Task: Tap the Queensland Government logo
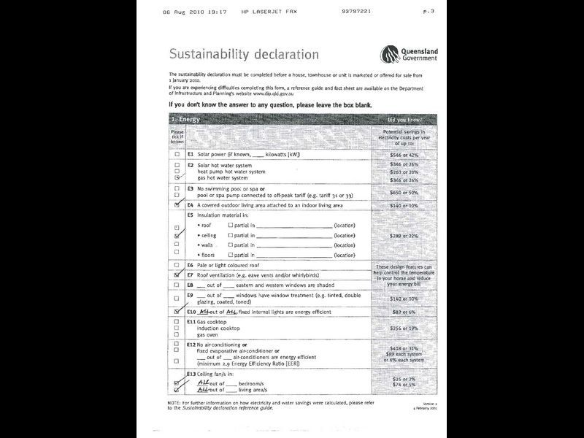[408, 54]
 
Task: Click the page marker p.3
[429, 12]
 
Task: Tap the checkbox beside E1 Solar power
[177, 155]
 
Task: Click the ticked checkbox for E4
[177, 206]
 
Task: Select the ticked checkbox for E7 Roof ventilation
[177, 274]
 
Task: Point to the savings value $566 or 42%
[404, 155]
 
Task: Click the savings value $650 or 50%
[404, 192]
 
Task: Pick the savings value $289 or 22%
[404, 236]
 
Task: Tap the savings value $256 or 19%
[404, 328]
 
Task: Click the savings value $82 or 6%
[404, 311]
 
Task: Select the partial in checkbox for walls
[231, 245]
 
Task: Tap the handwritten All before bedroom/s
[205, 383]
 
